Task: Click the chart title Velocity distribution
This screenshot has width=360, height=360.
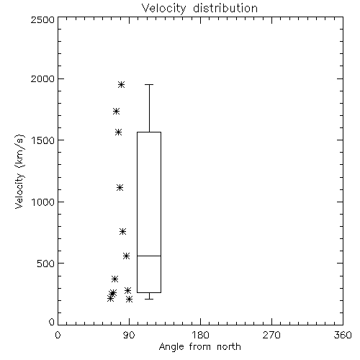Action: pos(199,8)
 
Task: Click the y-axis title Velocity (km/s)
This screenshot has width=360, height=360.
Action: pos(19,171)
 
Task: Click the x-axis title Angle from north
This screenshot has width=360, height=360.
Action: pos(199,347)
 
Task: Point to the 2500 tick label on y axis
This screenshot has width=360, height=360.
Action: pos(42,19)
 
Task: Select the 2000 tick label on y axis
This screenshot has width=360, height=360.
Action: pos(42,78)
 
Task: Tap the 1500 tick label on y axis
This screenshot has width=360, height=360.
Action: pos(43,140)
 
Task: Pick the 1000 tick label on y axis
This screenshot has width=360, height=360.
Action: pos(43,202)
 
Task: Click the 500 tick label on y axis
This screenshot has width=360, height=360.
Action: pos(46,264)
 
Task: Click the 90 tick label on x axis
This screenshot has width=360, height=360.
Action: pos(129,335)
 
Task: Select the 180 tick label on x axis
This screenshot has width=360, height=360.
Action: pos(200,335)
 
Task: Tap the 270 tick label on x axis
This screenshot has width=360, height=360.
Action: pos(271,335)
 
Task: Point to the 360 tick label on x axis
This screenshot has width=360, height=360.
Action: pos(343,335)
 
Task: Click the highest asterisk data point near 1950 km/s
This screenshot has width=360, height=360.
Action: pos(121,84)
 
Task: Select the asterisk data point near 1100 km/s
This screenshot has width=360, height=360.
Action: pos(120,187)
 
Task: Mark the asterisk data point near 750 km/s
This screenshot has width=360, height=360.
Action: pos(123,231)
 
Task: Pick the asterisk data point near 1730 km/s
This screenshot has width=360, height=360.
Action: pos(117,111)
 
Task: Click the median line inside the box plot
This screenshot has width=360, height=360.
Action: pos(149,256)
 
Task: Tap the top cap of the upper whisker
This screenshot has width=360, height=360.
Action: pos(149,84)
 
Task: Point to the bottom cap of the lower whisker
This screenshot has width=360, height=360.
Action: pos(149,299)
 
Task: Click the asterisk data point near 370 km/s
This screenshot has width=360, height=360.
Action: pos(115,279)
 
